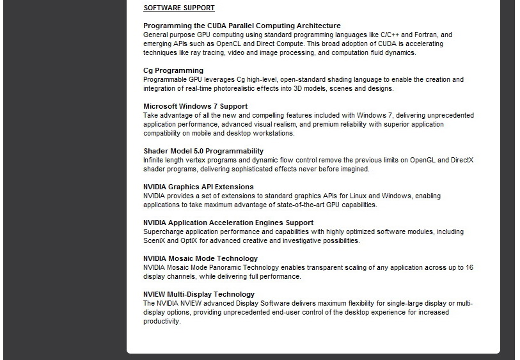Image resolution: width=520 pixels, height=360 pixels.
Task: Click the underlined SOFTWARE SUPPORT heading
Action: pos(179,8)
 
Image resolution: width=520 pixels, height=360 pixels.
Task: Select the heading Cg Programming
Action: pos(173,70)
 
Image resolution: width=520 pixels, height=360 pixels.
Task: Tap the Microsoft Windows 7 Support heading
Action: pos(195,106)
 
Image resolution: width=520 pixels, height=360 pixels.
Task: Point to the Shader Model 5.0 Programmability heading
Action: pos(203,151)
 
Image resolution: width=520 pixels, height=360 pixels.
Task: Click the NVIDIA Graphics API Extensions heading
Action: pos(198,187)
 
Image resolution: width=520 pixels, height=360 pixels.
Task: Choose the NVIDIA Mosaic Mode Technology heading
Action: pos(200,258)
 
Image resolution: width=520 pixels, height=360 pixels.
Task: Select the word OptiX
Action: pos(194,240)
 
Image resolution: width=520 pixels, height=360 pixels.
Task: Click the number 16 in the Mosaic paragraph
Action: pos(469,267)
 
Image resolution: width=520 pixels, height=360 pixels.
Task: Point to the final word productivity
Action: pos(162,321)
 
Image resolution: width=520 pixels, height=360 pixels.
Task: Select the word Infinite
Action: pos(154,160)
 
